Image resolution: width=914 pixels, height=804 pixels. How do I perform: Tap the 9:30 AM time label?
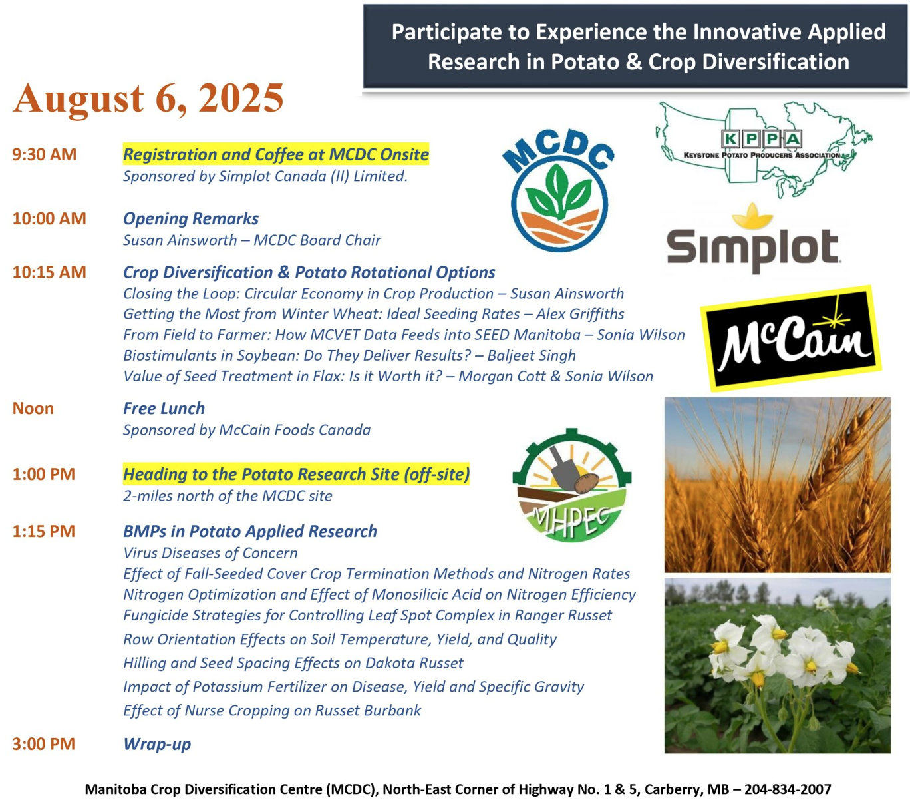click(x=44, y=154)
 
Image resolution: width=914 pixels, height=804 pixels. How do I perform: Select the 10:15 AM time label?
click(x=49, y=272)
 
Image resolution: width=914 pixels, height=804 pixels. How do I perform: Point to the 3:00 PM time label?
click(x=43, y=743)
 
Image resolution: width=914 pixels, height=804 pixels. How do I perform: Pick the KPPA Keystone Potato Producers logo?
click(x=764, y=150)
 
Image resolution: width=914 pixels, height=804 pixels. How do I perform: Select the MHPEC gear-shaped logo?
click(x=572, y=485)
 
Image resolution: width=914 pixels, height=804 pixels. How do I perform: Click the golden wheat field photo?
click(x=778, y=485)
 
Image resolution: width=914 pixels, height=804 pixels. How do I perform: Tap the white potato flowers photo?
click(x=778, y=666)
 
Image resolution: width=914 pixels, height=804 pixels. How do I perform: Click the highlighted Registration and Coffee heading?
click(x=276, y=154)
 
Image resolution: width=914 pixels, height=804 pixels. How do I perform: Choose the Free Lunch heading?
click(x=164, y=408)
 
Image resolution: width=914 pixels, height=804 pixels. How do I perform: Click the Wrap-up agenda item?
click(x=157, y=744)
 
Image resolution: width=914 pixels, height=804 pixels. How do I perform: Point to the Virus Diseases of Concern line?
click(x=210, y=553)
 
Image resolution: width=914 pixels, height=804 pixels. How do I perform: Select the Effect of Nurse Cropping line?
click(x=272, y=711)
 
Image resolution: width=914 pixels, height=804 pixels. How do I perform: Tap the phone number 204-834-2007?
click(x=787, y=789)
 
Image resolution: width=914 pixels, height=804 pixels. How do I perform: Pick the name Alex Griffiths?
click(x=579, y=314)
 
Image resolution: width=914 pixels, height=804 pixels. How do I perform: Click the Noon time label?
click(x=33, y=408)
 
